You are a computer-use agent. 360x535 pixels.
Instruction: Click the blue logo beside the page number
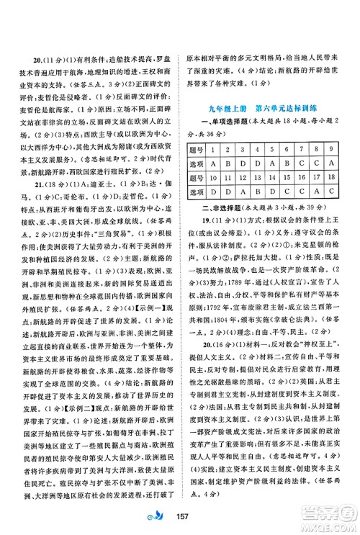163,520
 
